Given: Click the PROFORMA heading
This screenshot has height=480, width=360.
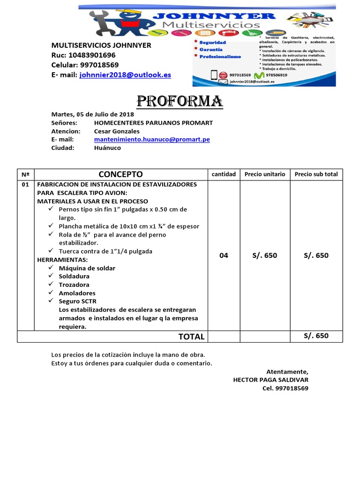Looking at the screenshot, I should click(179, 101).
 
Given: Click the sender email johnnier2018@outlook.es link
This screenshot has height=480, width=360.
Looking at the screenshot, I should click(125, 75).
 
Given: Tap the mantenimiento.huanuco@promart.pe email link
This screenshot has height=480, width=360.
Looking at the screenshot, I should click(152, 139).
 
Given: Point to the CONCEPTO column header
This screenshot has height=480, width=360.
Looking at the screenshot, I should click(121, 174).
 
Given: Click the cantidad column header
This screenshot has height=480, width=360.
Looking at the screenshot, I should click(224, 174).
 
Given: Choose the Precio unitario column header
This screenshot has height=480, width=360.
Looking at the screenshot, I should click(265, 174).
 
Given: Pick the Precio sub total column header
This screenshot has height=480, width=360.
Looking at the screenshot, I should click(316, 174).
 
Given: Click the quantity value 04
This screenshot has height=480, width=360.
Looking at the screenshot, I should click(224, 255).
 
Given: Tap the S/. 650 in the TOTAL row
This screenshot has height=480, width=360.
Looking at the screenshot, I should click(316, 336).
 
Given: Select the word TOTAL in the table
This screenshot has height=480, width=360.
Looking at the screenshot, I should click(191, 337).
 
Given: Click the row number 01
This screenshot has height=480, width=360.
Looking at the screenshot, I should click(25, 185).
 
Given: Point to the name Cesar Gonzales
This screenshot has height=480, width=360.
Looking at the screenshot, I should click(117, 131).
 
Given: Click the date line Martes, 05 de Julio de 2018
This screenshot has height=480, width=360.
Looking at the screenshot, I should click(92, 114).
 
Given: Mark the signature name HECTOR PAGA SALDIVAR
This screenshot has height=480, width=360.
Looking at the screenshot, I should click(270, 380).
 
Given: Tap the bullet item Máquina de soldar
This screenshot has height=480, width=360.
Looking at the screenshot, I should click(87, 268).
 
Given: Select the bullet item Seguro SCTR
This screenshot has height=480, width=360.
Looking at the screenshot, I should click(77, 301).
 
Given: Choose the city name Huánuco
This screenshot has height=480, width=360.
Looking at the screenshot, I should click(107, 148).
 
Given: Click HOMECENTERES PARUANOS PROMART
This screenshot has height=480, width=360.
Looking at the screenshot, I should click(153, 123).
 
